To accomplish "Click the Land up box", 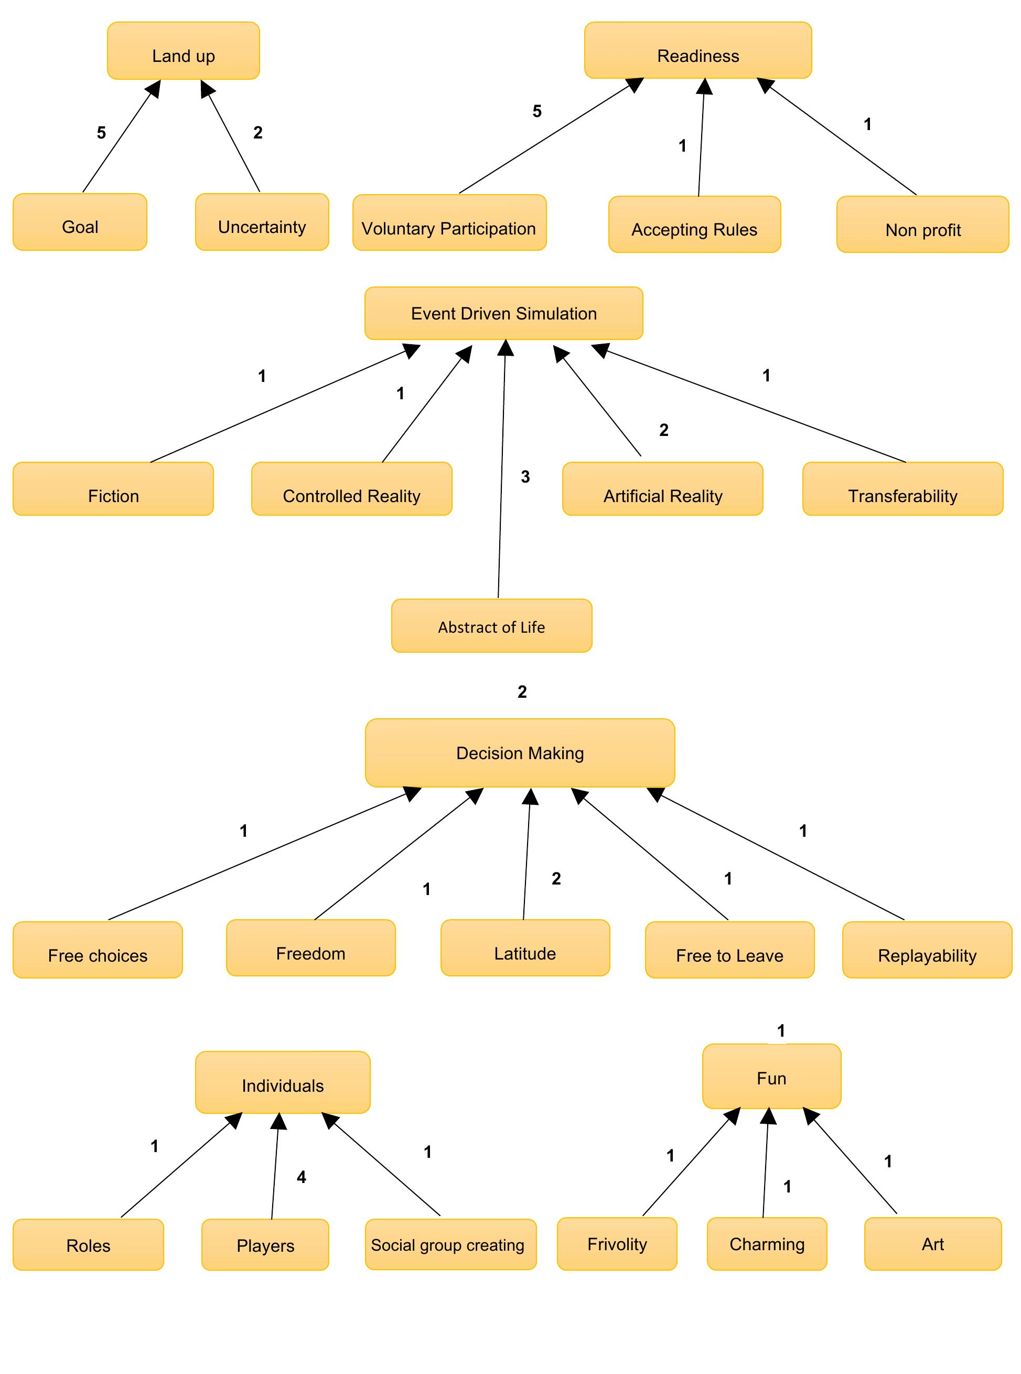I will point(184,51).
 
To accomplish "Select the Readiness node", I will point(698,51).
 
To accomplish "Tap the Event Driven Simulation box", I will point(504,314).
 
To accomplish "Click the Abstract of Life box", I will point(491,626).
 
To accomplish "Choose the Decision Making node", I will point(520,752).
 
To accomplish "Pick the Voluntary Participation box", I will point(449,223).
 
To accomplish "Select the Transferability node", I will point(902,489).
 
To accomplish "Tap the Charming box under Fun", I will point(767,1243).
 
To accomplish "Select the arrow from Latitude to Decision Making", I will point(526,859).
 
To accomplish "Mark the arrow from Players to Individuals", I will point(275,1169).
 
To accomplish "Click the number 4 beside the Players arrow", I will point(301,1177).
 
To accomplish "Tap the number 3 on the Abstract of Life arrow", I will point(525,477).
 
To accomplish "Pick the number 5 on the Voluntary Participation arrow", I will point(537,111).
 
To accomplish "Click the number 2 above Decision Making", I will point(522,692).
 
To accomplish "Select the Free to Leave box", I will point(729,950).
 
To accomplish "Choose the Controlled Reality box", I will point(352,489).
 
